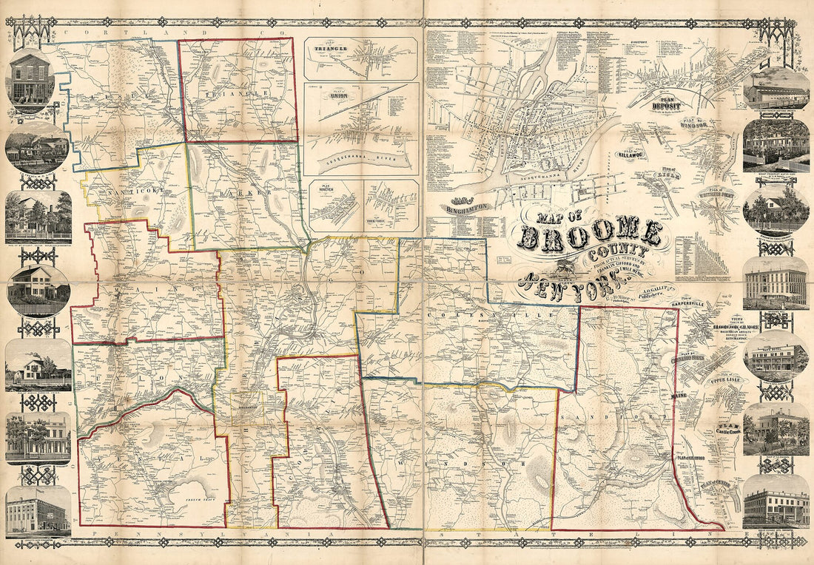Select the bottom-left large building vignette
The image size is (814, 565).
click(x=38, y=511)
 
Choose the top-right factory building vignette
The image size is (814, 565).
click(x=776, y=92)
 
